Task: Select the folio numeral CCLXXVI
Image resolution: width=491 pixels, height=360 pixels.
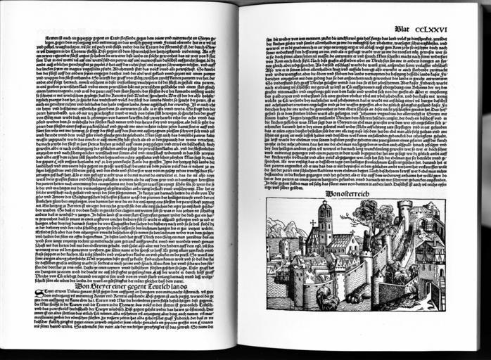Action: coord(433,29)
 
